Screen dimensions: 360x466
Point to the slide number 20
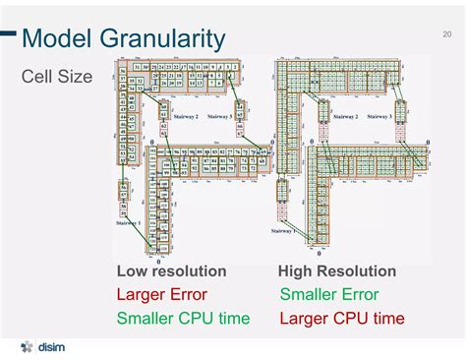click(447, 34)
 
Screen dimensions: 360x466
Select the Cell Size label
click(57, 76)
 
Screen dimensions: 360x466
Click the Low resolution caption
click(171, 271)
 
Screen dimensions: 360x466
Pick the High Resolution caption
click(337, 271)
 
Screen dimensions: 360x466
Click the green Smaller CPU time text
click(183, 319)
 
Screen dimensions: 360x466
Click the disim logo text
click(52, 348)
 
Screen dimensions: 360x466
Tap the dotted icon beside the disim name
click(28, 348)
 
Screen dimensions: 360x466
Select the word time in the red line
click(388, 319)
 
